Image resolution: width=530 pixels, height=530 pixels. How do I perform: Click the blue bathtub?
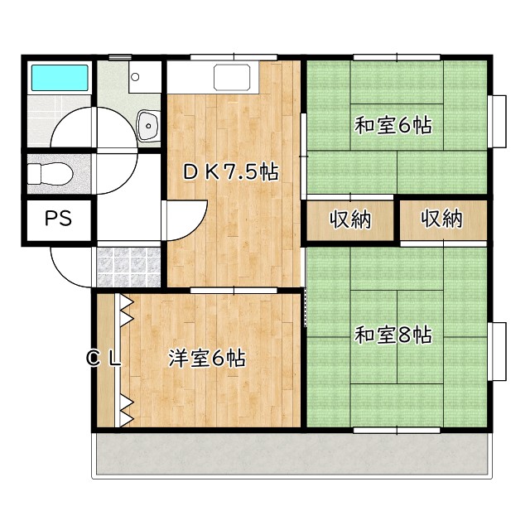[60, 79]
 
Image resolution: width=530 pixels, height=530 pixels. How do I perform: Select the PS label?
[58, 219]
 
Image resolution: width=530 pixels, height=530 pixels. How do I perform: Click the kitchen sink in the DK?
[237, 78]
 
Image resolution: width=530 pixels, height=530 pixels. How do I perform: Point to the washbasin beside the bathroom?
[149, 126]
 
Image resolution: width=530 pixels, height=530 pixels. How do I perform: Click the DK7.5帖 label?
[230, 172]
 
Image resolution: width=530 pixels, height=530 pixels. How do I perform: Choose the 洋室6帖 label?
[206, 359]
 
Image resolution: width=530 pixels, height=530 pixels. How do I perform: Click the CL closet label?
[106, 359]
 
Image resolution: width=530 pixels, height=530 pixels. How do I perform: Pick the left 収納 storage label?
[351, 219]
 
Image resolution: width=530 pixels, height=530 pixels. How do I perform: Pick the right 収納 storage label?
[441, 219]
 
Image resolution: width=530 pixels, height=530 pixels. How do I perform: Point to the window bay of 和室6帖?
[499, 121]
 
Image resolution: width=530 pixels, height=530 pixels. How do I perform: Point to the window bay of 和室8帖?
[499, 351]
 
